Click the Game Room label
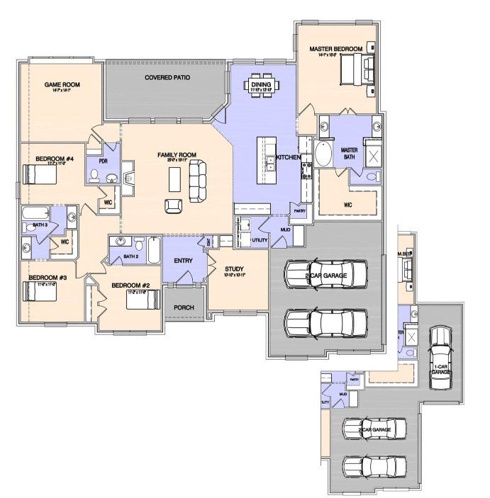tap(62, 84)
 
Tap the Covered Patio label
tap(167, 77)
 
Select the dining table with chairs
tap(262, 84)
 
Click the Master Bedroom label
tap(335, 49)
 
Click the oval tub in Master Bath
tap(323, 154)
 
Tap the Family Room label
tap(177, 154)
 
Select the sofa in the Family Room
tap(199, 179)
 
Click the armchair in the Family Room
tap(173, 205)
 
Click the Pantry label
tap(299, 210)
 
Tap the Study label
tap(235, 269)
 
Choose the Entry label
tap(183, 261)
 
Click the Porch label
tap(184, 308)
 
